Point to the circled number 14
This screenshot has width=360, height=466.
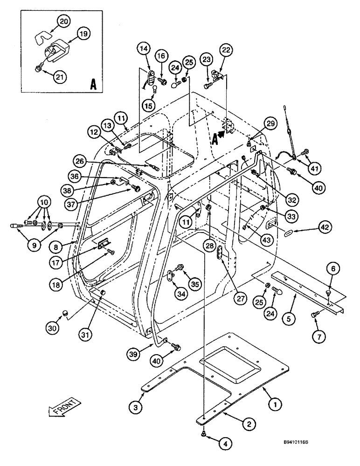pos(144,48)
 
